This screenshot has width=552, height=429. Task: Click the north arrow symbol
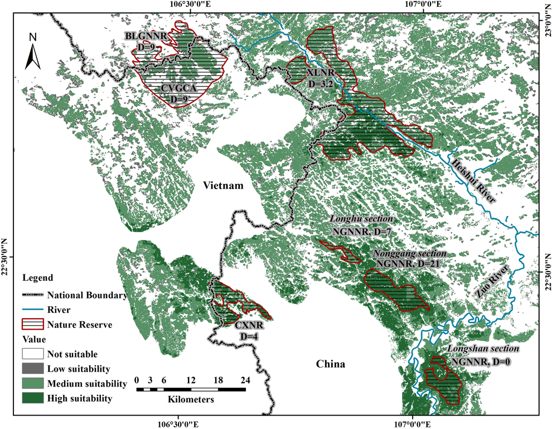33,50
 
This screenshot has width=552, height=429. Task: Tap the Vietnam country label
223,186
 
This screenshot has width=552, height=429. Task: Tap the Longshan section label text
483,349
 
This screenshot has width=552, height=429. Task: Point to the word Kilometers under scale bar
191,399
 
